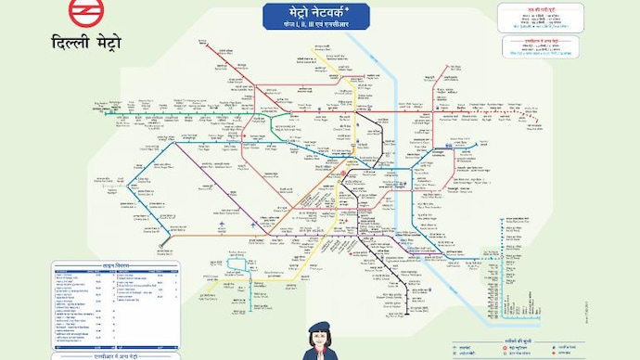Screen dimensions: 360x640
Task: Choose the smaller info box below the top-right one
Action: [536, 49]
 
